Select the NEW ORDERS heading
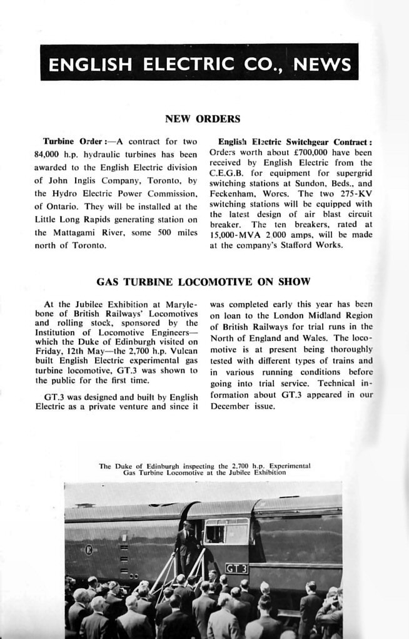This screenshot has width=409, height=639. pyautogui.click(x=202, y=118)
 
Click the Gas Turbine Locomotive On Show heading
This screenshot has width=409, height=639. pyautogui.click(x=203, y=282)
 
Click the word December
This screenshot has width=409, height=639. pyautogui.click(x=233, y=406)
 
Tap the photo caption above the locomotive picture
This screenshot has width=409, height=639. pyautogui.click(x=204, y=469)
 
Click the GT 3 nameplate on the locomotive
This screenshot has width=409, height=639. pyautogui.click(x=236, y=568)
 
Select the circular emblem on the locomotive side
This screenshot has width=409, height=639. pyautogui.click(x=88, y=550)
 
